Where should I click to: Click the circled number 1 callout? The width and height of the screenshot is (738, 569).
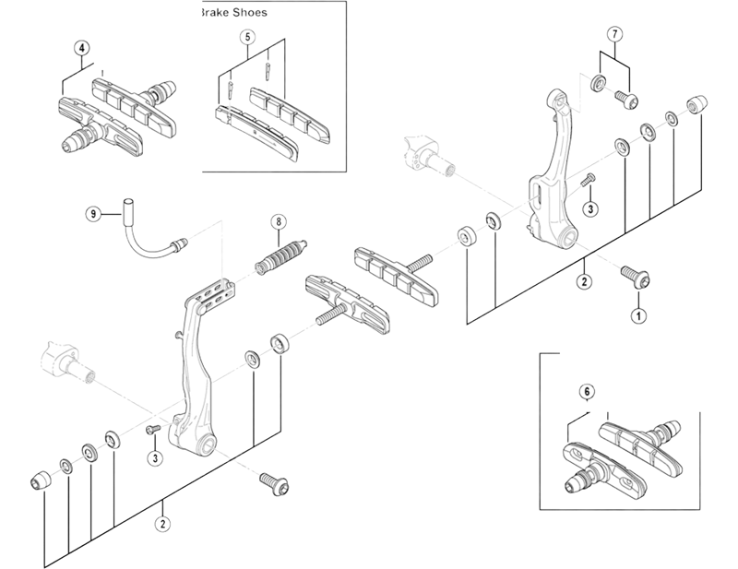point(637,314)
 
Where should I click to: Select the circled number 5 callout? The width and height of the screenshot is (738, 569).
point(247,37)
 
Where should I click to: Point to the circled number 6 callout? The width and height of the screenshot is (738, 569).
point(585,391)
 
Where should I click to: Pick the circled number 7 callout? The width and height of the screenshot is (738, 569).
point(614,34)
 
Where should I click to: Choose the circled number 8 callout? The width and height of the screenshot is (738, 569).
point(277,221)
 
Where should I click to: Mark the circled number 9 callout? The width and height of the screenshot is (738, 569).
point(92,214)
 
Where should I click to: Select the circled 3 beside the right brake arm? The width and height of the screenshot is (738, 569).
point(590,208)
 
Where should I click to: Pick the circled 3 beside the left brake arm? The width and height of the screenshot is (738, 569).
point(154,458)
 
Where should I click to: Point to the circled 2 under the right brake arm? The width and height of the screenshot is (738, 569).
point(584,282)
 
